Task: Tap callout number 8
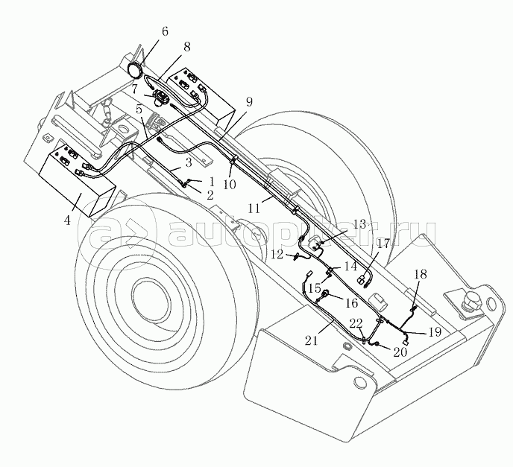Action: pyautogui.click(x=186, y=47)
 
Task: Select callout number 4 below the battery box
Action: pyautogui.click(x=68, y=220)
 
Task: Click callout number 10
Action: pyautogui.click(x=230, y=183)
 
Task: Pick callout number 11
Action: pyautogui.click(x=255, y=209)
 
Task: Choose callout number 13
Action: pyautogui.click(x=359, y=223)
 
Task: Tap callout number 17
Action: pyautogui.click(x=383, y=243)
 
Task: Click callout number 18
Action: pyautogui.click(x=421, y=275)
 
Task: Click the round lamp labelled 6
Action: pyautogui.click(x=137, y=69)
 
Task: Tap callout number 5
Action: pyautogui.click(x=139, y=109)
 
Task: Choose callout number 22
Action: pyautogui.click(x=356, y=323)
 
